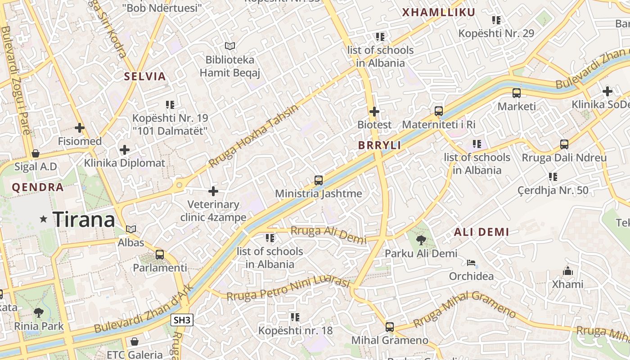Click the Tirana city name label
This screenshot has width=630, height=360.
[x=84, y=220]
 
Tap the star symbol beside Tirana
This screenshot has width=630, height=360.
[x=44, y=219]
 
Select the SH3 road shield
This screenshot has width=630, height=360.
[x=182, y=320]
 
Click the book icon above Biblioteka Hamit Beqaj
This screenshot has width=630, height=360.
[x=230, y=46]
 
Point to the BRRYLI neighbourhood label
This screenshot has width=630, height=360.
[x=379, y=145]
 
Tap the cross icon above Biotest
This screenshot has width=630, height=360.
[x=374, y=111]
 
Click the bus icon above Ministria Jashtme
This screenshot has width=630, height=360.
[x=319, y=180]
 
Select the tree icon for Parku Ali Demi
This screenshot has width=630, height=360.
[x=421, y=240]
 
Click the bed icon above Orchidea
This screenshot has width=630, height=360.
[x=471, y=263]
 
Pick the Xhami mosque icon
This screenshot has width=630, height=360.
[x=568, y=271]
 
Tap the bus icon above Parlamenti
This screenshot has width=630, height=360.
[x=160, y=254]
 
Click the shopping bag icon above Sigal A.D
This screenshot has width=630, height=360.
[x=36, y=153]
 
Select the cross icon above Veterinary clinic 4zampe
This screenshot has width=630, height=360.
[x=213, y=191]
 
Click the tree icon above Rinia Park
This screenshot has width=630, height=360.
[x=39, y=312]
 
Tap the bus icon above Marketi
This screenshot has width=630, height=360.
[x=517, y=93]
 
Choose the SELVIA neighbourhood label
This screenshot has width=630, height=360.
[x=145, y=76]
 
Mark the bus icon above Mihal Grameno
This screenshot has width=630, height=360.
[x=390, y=327]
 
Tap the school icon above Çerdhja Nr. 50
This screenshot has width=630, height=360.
[x=553, y=177]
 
